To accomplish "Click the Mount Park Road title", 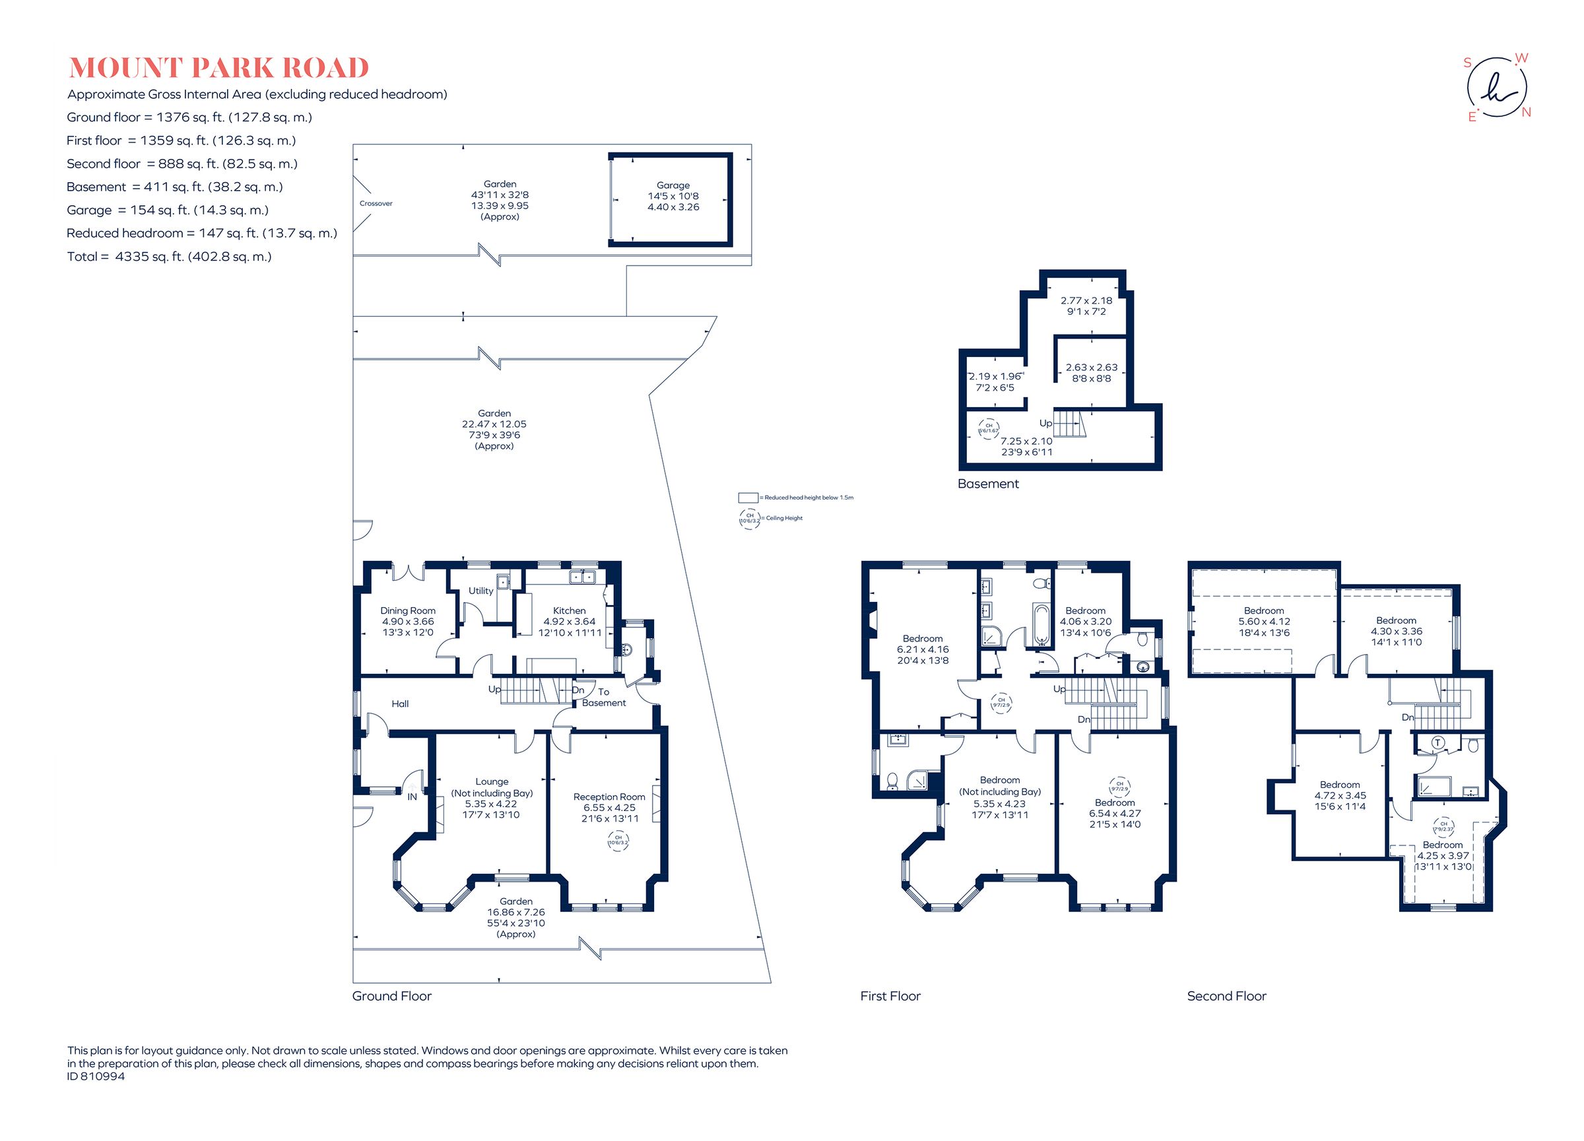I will point(218,68).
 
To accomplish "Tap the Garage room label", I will point(673,185).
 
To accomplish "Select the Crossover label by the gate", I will point(376,203).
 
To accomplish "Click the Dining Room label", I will point(407,610).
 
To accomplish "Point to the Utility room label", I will point(480,591).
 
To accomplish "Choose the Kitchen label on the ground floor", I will point(569,610).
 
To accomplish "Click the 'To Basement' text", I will point(603,698).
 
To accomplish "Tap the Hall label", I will point(400,704).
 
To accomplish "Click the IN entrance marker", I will point(412,796).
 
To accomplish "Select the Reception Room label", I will point(609,797).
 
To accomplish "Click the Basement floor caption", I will point(987,484).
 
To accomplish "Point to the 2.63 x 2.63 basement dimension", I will point(1091,368).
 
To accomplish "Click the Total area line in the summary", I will point(169,256).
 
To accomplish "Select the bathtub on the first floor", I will point(1040,624).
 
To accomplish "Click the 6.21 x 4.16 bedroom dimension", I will point(923,649).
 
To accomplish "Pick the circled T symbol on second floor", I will point(1437,744).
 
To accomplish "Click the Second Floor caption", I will point(1226,996).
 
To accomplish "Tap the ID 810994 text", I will point(96,1076).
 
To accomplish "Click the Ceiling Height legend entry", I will point(783,518).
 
